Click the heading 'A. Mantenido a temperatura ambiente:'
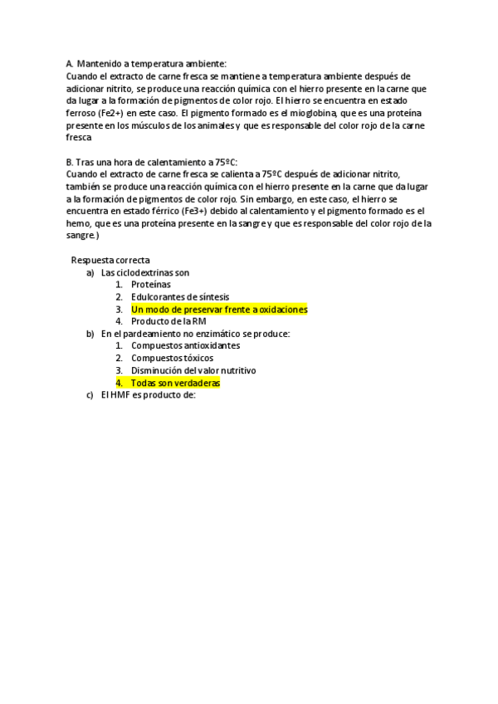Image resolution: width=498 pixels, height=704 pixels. tap(144, 63)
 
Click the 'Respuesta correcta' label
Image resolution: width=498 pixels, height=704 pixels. tap(110, 260)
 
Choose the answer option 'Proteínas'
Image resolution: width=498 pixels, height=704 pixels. tap(151, 284)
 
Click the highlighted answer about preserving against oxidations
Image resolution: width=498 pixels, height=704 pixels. tap(219, 309)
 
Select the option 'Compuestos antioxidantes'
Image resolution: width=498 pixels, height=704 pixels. tap(185, 345)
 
